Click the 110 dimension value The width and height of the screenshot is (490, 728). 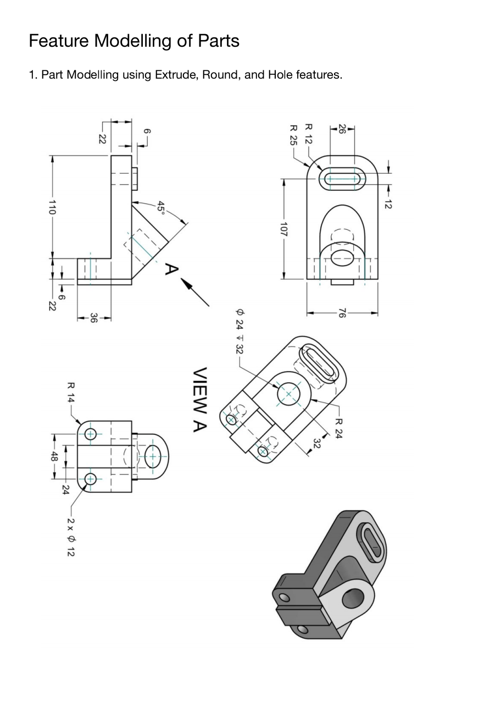click(52, 207)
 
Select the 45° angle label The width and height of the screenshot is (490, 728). click(160, 207)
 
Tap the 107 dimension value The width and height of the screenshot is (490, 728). click(283, 229)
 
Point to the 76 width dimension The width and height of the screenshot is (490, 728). click(342, 313)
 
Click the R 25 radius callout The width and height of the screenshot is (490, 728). click(293, 135)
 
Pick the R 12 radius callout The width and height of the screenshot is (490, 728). click(308, 134)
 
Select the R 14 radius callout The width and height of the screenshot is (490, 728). click(71, 393)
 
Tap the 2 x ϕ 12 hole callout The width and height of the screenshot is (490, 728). click(70, 537)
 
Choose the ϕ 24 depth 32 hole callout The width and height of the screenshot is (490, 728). click(240, 330)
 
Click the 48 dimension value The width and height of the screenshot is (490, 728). click(54, 456)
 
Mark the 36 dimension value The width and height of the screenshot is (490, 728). click(93, 318)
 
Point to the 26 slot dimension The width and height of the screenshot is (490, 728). click(342, 129)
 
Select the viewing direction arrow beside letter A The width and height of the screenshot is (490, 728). click(195, 293)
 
